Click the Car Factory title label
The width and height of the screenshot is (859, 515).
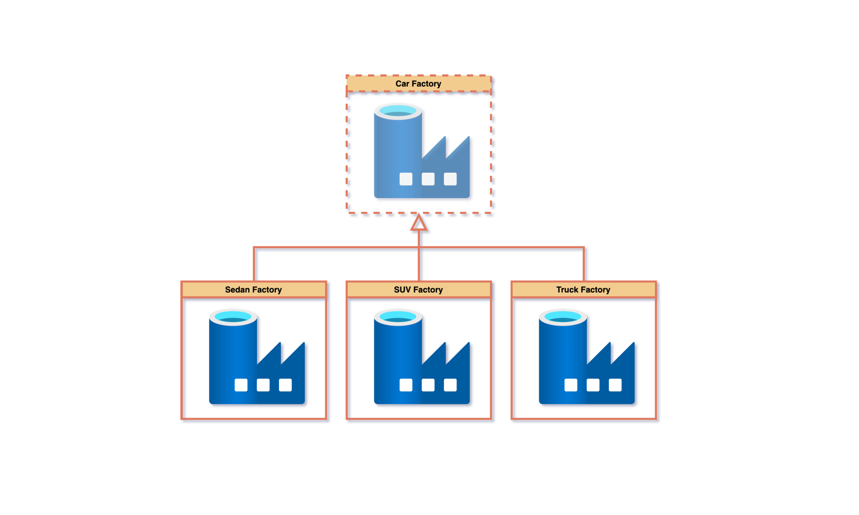point(418,84)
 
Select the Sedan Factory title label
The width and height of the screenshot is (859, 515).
point(253,290)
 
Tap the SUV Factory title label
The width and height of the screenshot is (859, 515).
point(418,290)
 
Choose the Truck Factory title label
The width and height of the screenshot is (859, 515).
point(583,290)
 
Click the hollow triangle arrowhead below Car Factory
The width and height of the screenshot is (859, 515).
point(419,223)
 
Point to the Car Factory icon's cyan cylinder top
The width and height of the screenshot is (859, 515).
point(398,111)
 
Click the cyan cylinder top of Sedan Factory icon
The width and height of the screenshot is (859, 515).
point(233,317)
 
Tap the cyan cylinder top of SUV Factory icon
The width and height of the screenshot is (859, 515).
point(398,317)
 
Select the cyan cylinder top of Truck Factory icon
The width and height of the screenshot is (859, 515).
point(563,317)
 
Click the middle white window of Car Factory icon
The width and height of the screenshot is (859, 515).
point(428,179)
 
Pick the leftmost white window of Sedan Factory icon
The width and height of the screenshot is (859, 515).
point(241,385)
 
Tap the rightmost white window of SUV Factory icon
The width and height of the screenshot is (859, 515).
point(450,385)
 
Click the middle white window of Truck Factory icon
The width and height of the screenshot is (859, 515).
point(593,385)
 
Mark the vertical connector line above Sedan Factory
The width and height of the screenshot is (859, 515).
point(254,264)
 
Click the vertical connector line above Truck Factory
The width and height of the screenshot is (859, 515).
point(584,264)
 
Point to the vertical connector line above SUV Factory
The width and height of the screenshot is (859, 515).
point(419,264)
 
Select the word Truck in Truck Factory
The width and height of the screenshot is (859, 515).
point(568,290)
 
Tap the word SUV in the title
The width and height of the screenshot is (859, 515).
point(403,290)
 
